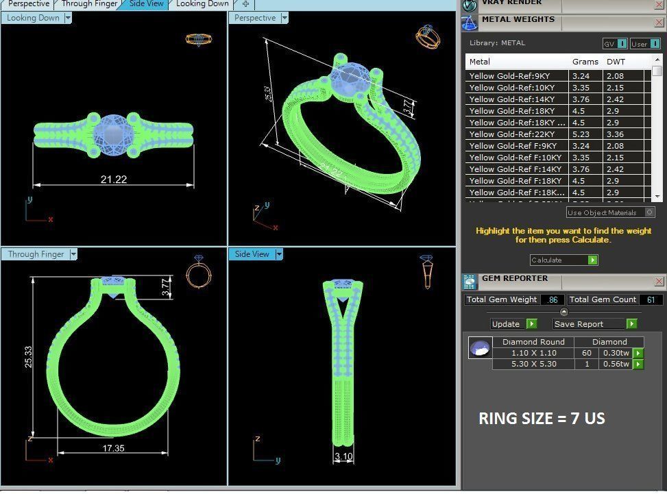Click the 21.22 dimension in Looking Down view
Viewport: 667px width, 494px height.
(114, 180)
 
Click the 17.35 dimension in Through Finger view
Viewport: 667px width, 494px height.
(113, 448)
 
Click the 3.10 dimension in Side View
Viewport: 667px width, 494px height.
(343, 456)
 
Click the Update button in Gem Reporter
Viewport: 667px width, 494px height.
(507, 324)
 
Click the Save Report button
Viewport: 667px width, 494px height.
(579, 324)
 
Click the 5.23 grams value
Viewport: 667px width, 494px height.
(581, 134)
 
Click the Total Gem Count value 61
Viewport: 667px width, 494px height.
(650, 299)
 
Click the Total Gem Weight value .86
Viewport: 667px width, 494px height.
(553, 299)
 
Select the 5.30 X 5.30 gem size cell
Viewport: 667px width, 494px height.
(533, 365)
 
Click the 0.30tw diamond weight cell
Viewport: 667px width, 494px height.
(615, 353)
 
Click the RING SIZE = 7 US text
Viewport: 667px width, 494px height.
(542, 418)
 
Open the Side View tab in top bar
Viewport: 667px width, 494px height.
(147, 4)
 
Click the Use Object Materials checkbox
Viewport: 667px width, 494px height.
(650, 212)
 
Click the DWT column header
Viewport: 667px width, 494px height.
(616, 62)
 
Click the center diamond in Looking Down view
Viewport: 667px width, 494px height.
(113, 130)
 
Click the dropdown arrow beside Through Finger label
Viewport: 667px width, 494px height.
(73, 254)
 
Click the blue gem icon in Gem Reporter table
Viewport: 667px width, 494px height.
(479, 348)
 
